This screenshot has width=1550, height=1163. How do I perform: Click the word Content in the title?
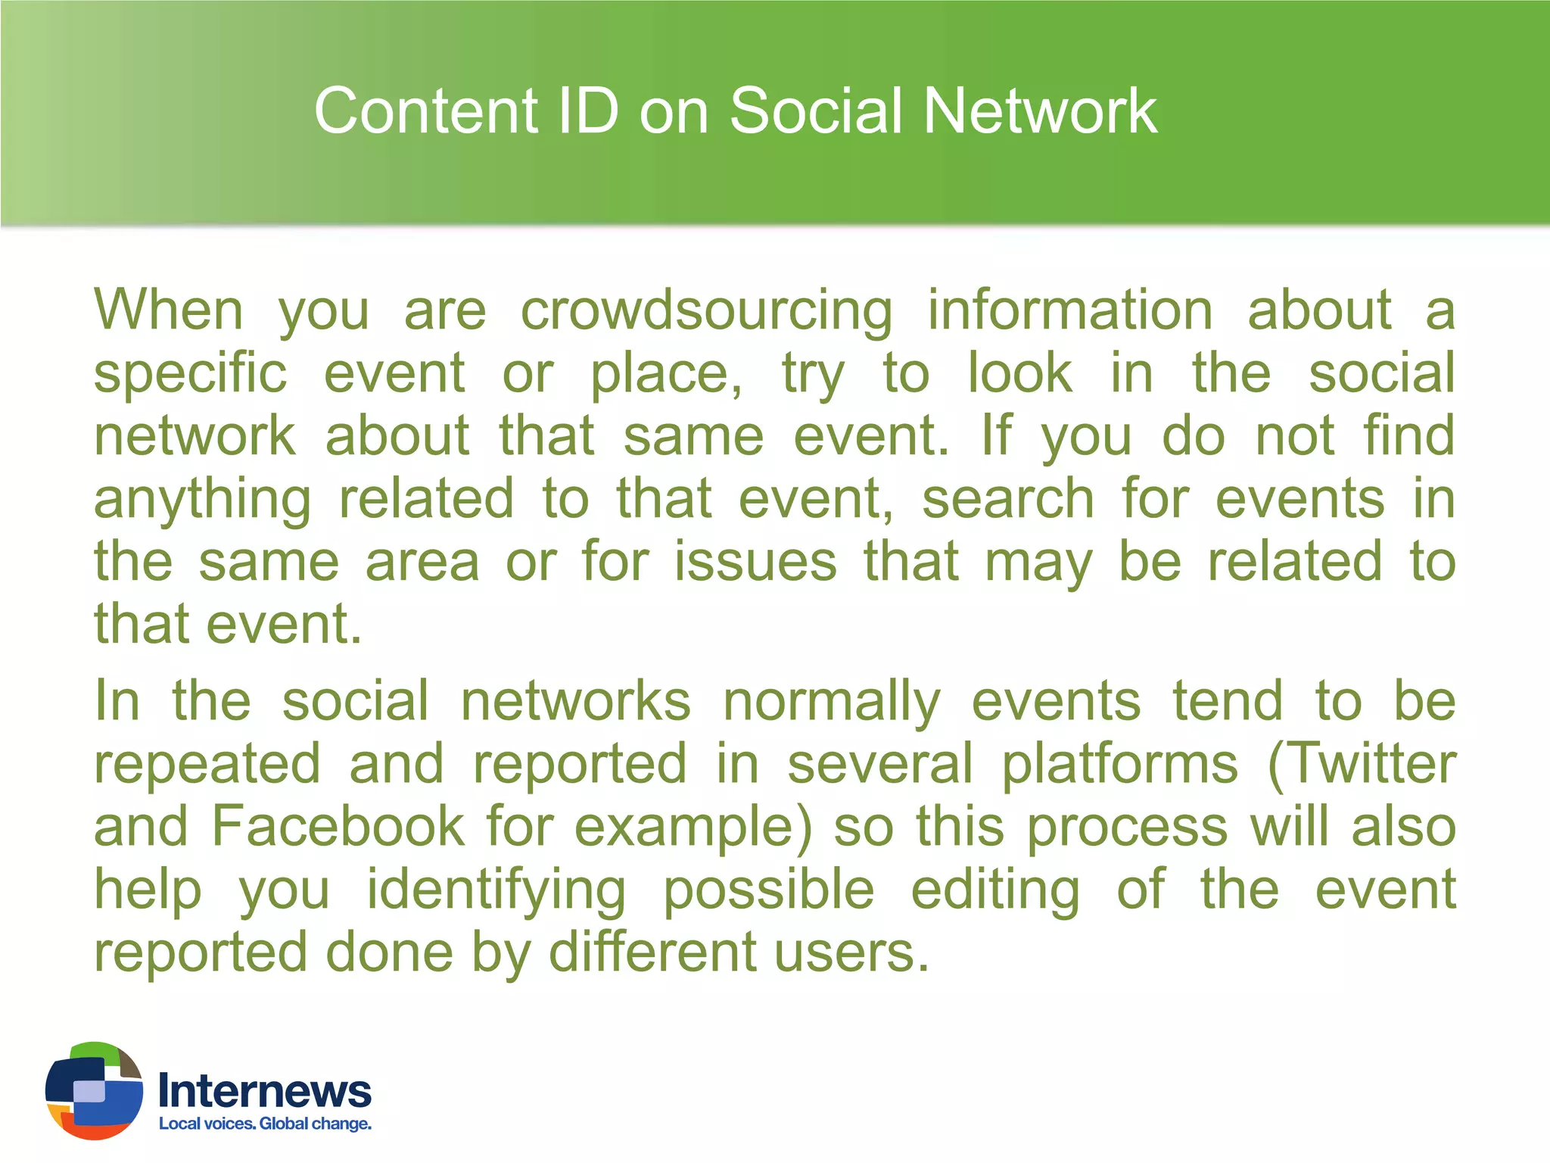[426, 111]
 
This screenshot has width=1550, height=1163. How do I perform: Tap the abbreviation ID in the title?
[588, 111]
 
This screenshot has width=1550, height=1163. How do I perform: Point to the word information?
[1070, 310]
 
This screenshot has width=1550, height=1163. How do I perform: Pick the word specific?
[191, 375]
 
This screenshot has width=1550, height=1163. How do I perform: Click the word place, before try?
[666, 375]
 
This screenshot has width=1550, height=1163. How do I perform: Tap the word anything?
[202, 500]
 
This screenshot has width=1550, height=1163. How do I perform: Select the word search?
[1008, 499]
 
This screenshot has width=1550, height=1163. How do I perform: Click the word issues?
[755, 562]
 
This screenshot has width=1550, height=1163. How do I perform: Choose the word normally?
[831, 703]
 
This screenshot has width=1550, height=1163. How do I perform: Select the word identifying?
[496, 891]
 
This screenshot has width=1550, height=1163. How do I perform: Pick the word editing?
[995, 891]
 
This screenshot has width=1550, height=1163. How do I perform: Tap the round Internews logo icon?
[94, 1090]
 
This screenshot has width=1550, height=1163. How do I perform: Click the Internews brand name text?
[264, 1091]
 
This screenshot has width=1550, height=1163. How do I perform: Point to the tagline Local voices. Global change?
[265, 1124]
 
